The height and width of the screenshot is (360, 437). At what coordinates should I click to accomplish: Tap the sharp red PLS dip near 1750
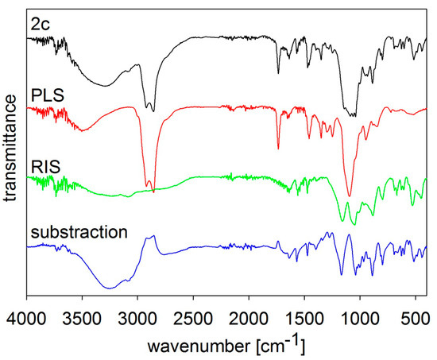point(278,148)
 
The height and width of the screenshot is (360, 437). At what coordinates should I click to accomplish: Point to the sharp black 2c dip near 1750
point(278,72)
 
